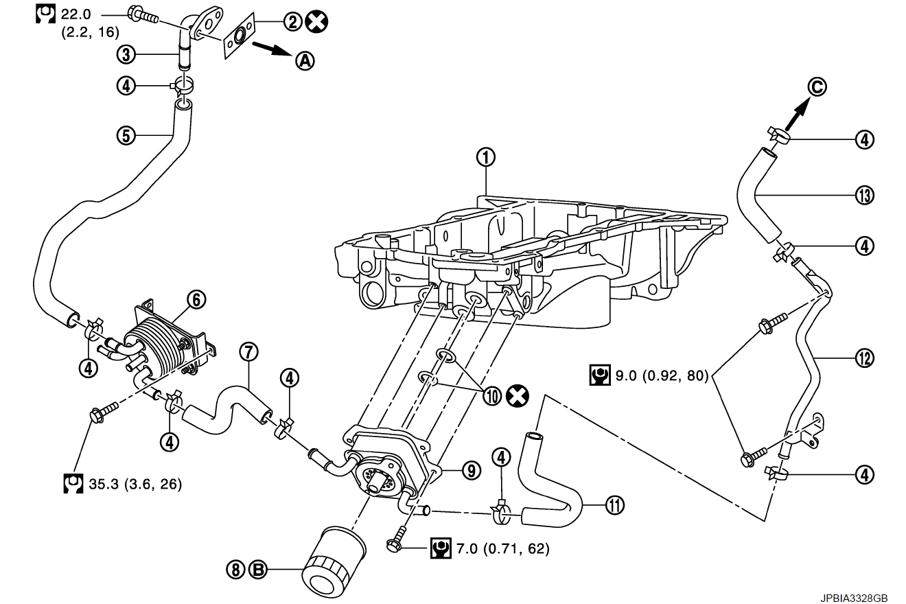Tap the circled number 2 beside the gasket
tap(293, 22)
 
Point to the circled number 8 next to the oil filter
tap(235, 569)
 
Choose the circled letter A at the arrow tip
tap(304, 61)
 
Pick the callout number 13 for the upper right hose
tap(864, 196)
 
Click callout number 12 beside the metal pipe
tap(864, 357)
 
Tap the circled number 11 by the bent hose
tap(614, 506)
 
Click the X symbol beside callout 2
tap(317, 22)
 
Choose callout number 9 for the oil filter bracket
tap(470, 470)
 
